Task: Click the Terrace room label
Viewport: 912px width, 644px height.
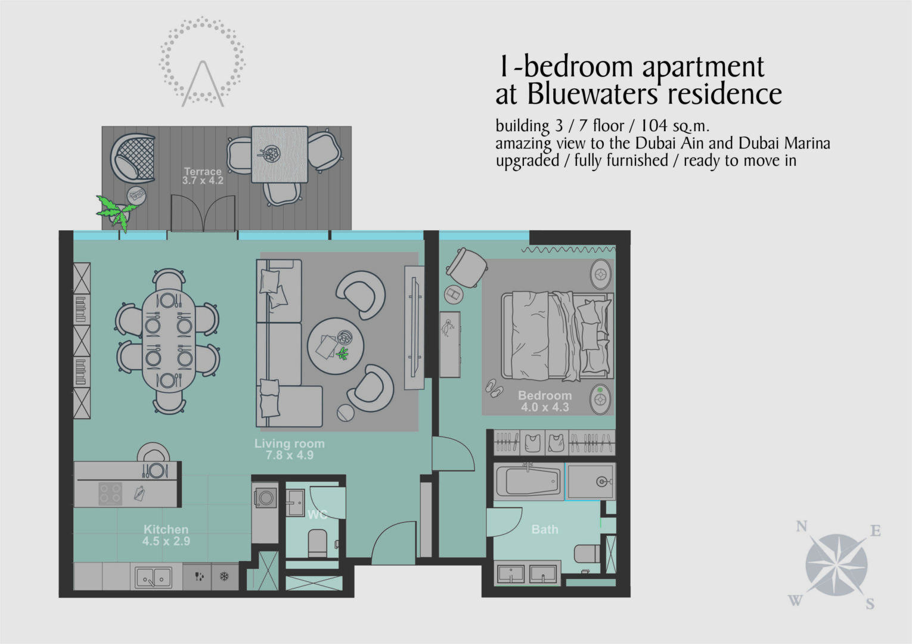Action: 202,176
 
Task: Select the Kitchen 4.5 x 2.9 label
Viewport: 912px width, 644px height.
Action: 166,535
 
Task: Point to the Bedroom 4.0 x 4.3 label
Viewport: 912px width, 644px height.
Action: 545,401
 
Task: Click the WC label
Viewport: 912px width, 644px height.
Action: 317,515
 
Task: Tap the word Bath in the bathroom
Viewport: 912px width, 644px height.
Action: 545,529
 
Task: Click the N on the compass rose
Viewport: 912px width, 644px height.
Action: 802,527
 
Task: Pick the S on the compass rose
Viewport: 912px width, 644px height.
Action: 870,603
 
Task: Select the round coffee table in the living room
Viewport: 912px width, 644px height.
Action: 336,346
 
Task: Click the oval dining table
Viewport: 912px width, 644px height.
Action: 169,340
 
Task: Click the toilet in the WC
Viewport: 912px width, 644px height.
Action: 318,543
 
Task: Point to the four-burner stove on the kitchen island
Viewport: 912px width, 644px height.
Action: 110,494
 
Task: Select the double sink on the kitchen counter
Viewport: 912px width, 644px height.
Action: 154,577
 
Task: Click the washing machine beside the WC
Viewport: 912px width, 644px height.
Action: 265,498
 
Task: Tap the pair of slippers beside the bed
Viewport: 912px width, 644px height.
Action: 494,388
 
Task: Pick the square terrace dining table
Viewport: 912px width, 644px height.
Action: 280,154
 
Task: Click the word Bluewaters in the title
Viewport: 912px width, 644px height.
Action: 593,94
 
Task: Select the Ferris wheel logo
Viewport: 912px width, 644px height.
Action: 202,62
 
